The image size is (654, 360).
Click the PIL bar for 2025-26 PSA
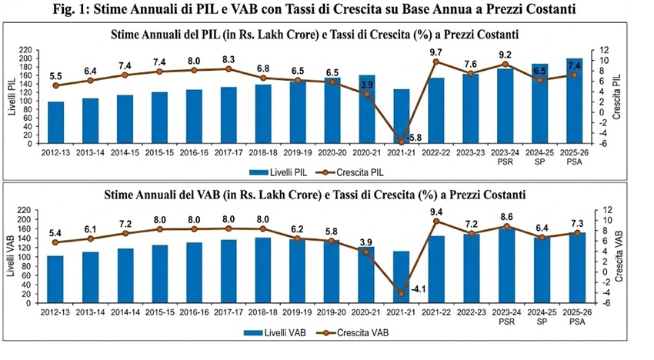pos(575,101)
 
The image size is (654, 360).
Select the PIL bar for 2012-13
pos(56,122)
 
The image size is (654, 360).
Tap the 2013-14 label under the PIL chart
pos(90,152)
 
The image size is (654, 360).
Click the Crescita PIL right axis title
pos(617,96)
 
